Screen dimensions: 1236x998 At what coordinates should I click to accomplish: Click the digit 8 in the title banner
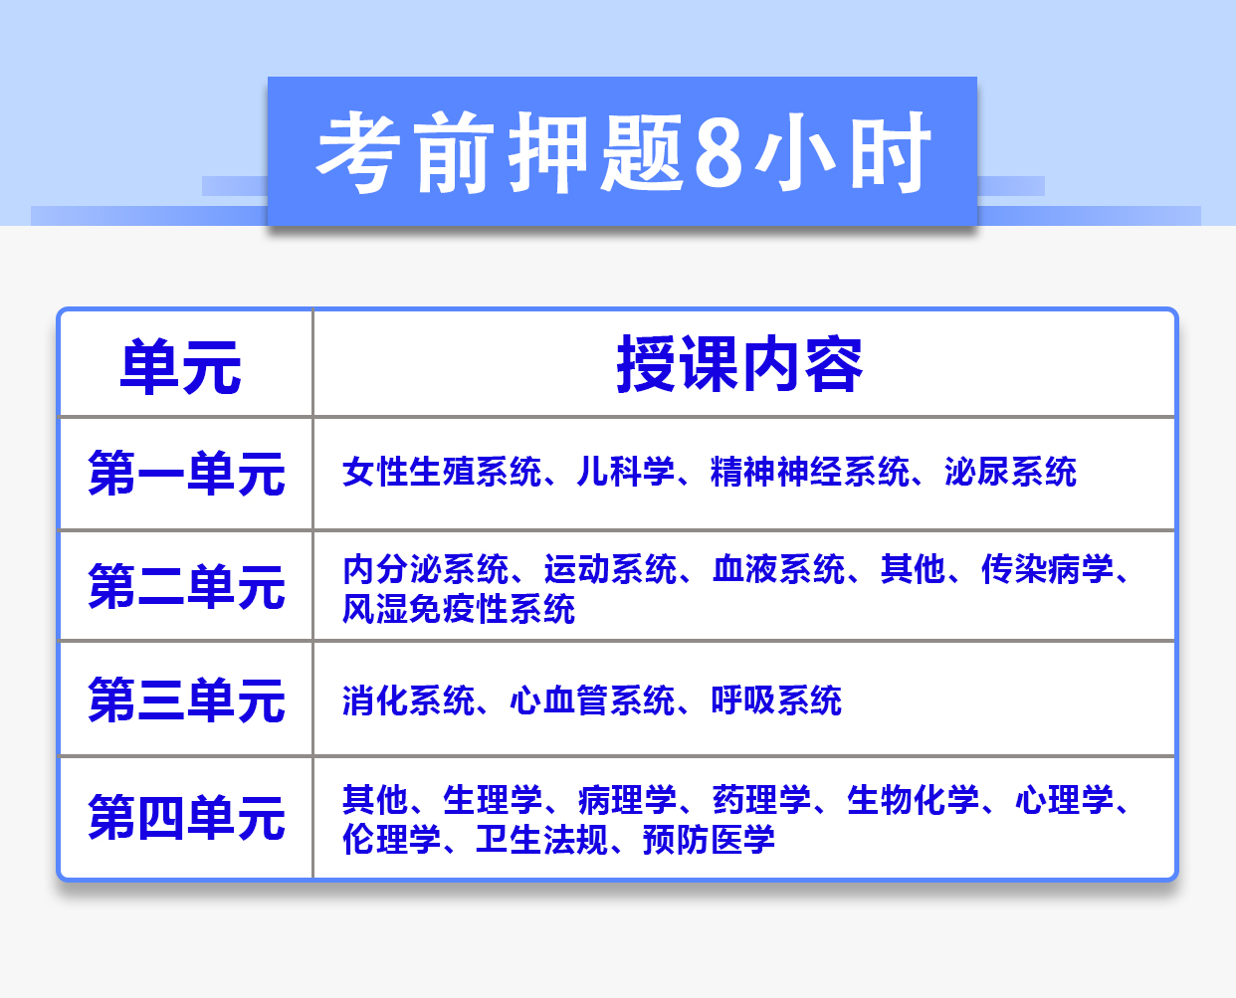719,152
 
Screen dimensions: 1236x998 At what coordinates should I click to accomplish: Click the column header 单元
180,367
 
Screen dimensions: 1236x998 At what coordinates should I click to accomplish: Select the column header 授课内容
739,364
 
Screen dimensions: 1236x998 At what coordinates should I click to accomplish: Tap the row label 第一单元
186,474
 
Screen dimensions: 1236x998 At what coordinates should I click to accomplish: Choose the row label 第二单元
186,587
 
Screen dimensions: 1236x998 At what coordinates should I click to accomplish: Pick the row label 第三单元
186,699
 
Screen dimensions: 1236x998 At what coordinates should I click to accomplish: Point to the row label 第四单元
186,818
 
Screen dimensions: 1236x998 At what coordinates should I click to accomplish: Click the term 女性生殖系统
442,472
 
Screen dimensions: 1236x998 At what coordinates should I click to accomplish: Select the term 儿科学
626,472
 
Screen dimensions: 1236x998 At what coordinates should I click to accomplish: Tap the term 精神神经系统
810,472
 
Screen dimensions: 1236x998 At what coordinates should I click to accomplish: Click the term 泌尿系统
1010,472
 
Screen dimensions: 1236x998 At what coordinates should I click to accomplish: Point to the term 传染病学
1047,568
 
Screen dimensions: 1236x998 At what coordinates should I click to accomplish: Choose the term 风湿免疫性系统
459,609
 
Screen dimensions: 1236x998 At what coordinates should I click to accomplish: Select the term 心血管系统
592,699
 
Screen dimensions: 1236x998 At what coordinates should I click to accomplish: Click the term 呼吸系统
776,699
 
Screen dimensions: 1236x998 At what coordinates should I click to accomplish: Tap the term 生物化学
913,800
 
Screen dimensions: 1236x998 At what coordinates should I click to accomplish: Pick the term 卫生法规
542,840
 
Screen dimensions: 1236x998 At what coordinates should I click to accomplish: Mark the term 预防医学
710,840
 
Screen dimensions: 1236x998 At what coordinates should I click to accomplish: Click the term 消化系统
409,699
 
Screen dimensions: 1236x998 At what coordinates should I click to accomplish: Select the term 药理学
761,800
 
